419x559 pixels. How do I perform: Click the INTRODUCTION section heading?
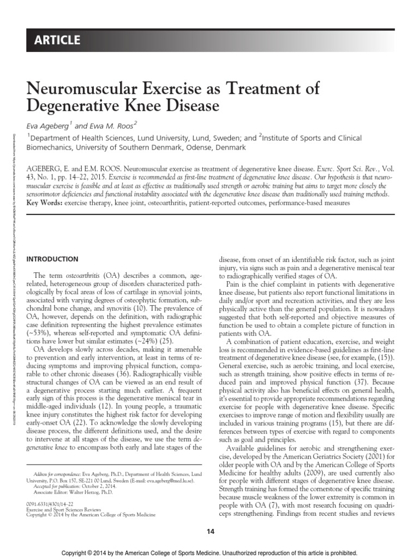coord(52,259)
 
